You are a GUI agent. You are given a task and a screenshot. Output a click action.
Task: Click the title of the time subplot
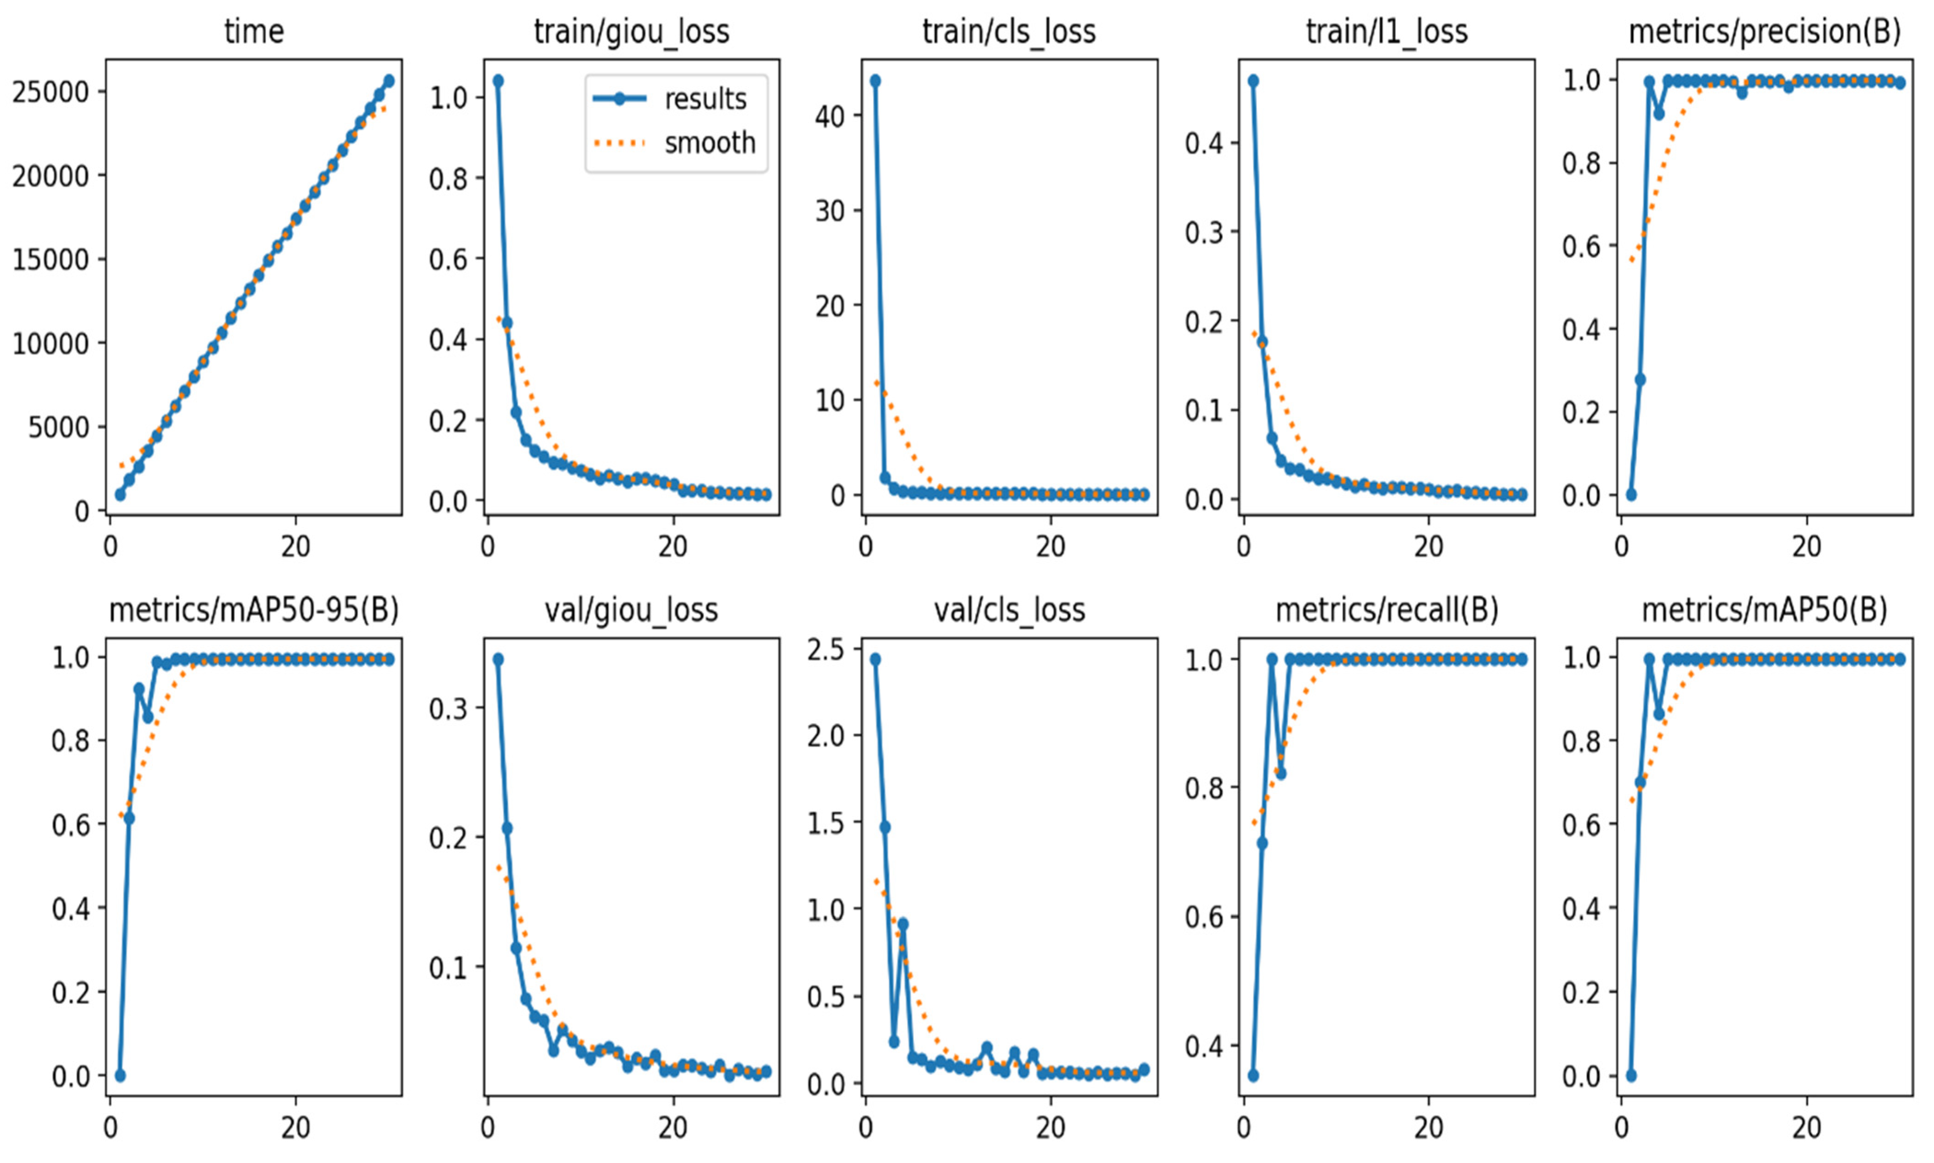tap(254, 32)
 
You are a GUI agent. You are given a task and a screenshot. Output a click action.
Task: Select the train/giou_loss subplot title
tap(631, 32)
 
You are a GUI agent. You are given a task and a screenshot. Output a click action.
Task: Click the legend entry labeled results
tap(705, 99)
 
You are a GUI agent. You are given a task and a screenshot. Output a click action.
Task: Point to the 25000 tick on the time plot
tap(50, 92)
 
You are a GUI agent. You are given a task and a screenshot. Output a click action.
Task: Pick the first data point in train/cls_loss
tap(875, 81)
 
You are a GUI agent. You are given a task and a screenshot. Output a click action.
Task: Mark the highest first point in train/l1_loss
tap(1253, 81)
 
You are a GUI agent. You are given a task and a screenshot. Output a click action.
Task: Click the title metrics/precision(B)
tap(1765, 32)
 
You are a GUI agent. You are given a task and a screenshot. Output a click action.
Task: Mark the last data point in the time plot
tap(389, 81)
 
